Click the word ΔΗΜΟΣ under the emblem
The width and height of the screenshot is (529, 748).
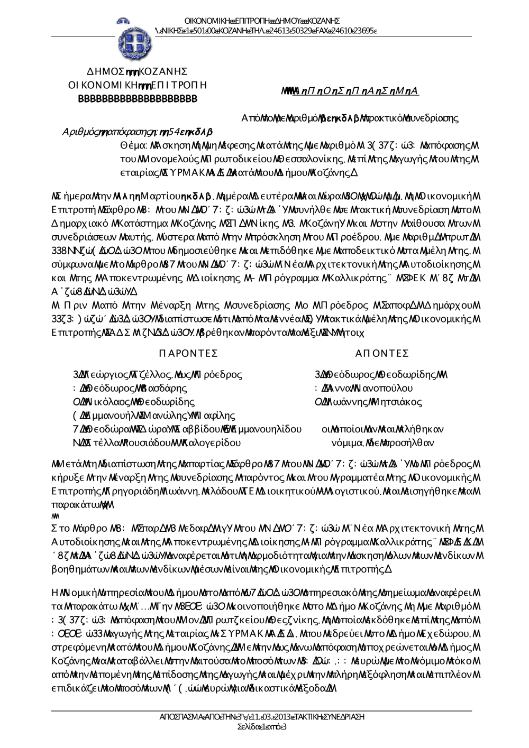click(104, 72)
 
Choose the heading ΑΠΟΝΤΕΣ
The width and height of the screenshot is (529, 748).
click(382, 353)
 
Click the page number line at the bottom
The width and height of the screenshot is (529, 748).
click(262, 727)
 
